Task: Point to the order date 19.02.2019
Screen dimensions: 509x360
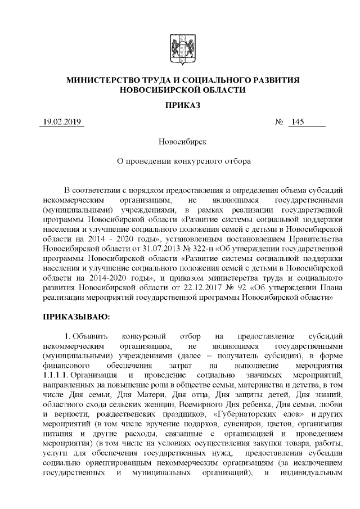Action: point(61,123)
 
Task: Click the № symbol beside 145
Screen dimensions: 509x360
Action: point(278,123)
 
